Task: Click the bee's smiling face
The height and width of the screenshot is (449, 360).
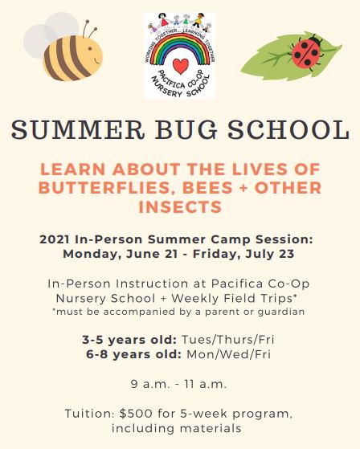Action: pyautogui.click(x=94, y=55)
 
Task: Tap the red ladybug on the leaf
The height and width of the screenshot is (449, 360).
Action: pyautogui.click(x=307, y=52)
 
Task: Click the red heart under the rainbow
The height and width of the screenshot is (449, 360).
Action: pyautogui.click(x=181, y=66)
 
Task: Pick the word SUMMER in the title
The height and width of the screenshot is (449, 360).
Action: pyautogui.click(x=78, y=130)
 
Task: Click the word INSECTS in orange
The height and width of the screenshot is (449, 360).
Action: pyautogui.click(x=180, y=206)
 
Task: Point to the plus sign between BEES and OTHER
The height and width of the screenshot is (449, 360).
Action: pyautogui.click(x=243, y=188)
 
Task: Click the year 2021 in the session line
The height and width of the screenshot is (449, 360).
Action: pyautogui.click(x=55, y=239)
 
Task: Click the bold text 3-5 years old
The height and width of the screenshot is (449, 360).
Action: pyautogui.click(x=129, y=340)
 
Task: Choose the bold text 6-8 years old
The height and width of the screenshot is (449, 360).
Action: pyautogui.click(x=133, y=354)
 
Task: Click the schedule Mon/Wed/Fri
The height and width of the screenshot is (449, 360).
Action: pyautogui.click(x=228, y=354)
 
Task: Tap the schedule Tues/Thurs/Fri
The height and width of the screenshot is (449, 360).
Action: pyautogui.click(x=228, y=340)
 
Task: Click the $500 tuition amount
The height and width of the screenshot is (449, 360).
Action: pyautogui.click(x=136, y=414)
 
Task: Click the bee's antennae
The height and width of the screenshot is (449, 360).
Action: pyautogui.click(x=90, y=29)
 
